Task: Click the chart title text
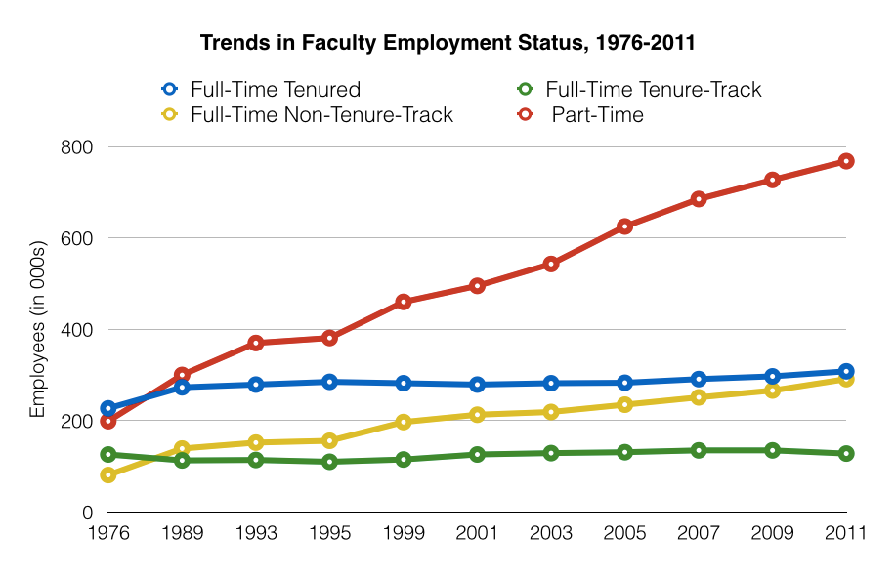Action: point(448,43)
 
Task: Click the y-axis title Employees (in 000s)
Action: point(38,329)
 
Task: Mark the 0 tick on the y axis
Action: point(86,513)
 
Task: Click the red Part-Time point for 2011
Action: point(846,161)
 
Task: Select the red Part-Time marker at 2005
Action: point(624,226)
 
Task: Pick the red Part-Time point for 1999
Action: point(404,302)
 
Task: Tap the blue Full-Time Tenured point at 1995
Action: point(330,382)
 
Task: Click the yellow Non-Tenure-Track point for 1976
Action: point(108,475)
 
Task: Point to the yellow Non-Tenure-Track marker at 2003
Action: point(551,412)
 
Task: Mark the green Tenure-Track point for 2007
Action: point(699,450)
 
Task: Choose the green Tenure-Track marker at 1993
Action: point(256,459)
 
